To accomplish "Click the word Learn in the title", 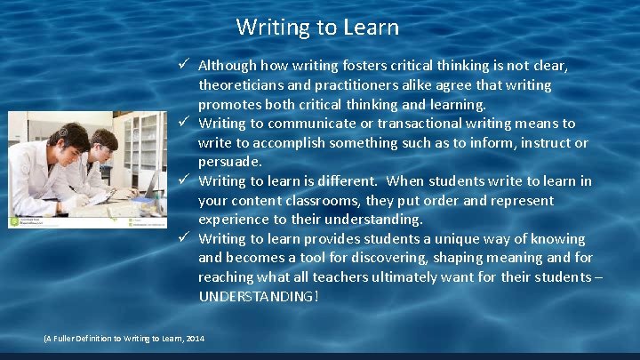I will point(371,28).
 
